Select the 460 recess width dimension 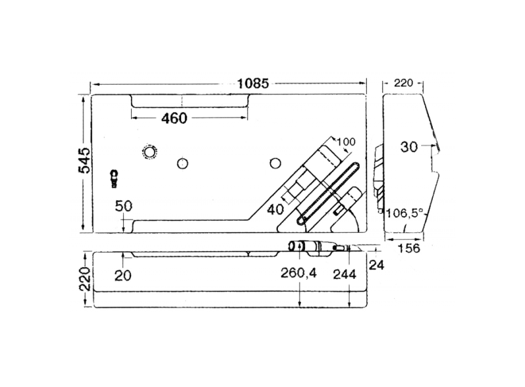[174, 118]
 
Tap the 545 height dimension [85, 160]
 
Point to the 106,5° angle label [405, 213]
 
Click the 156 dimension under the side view [408, 248]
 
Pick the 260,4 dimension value [298, 274]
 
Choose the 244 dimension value [344, 274]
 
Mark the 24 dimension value [376, 265]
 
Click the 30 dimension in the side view [409, 147]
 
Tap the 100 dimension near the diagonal [346, 142]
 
